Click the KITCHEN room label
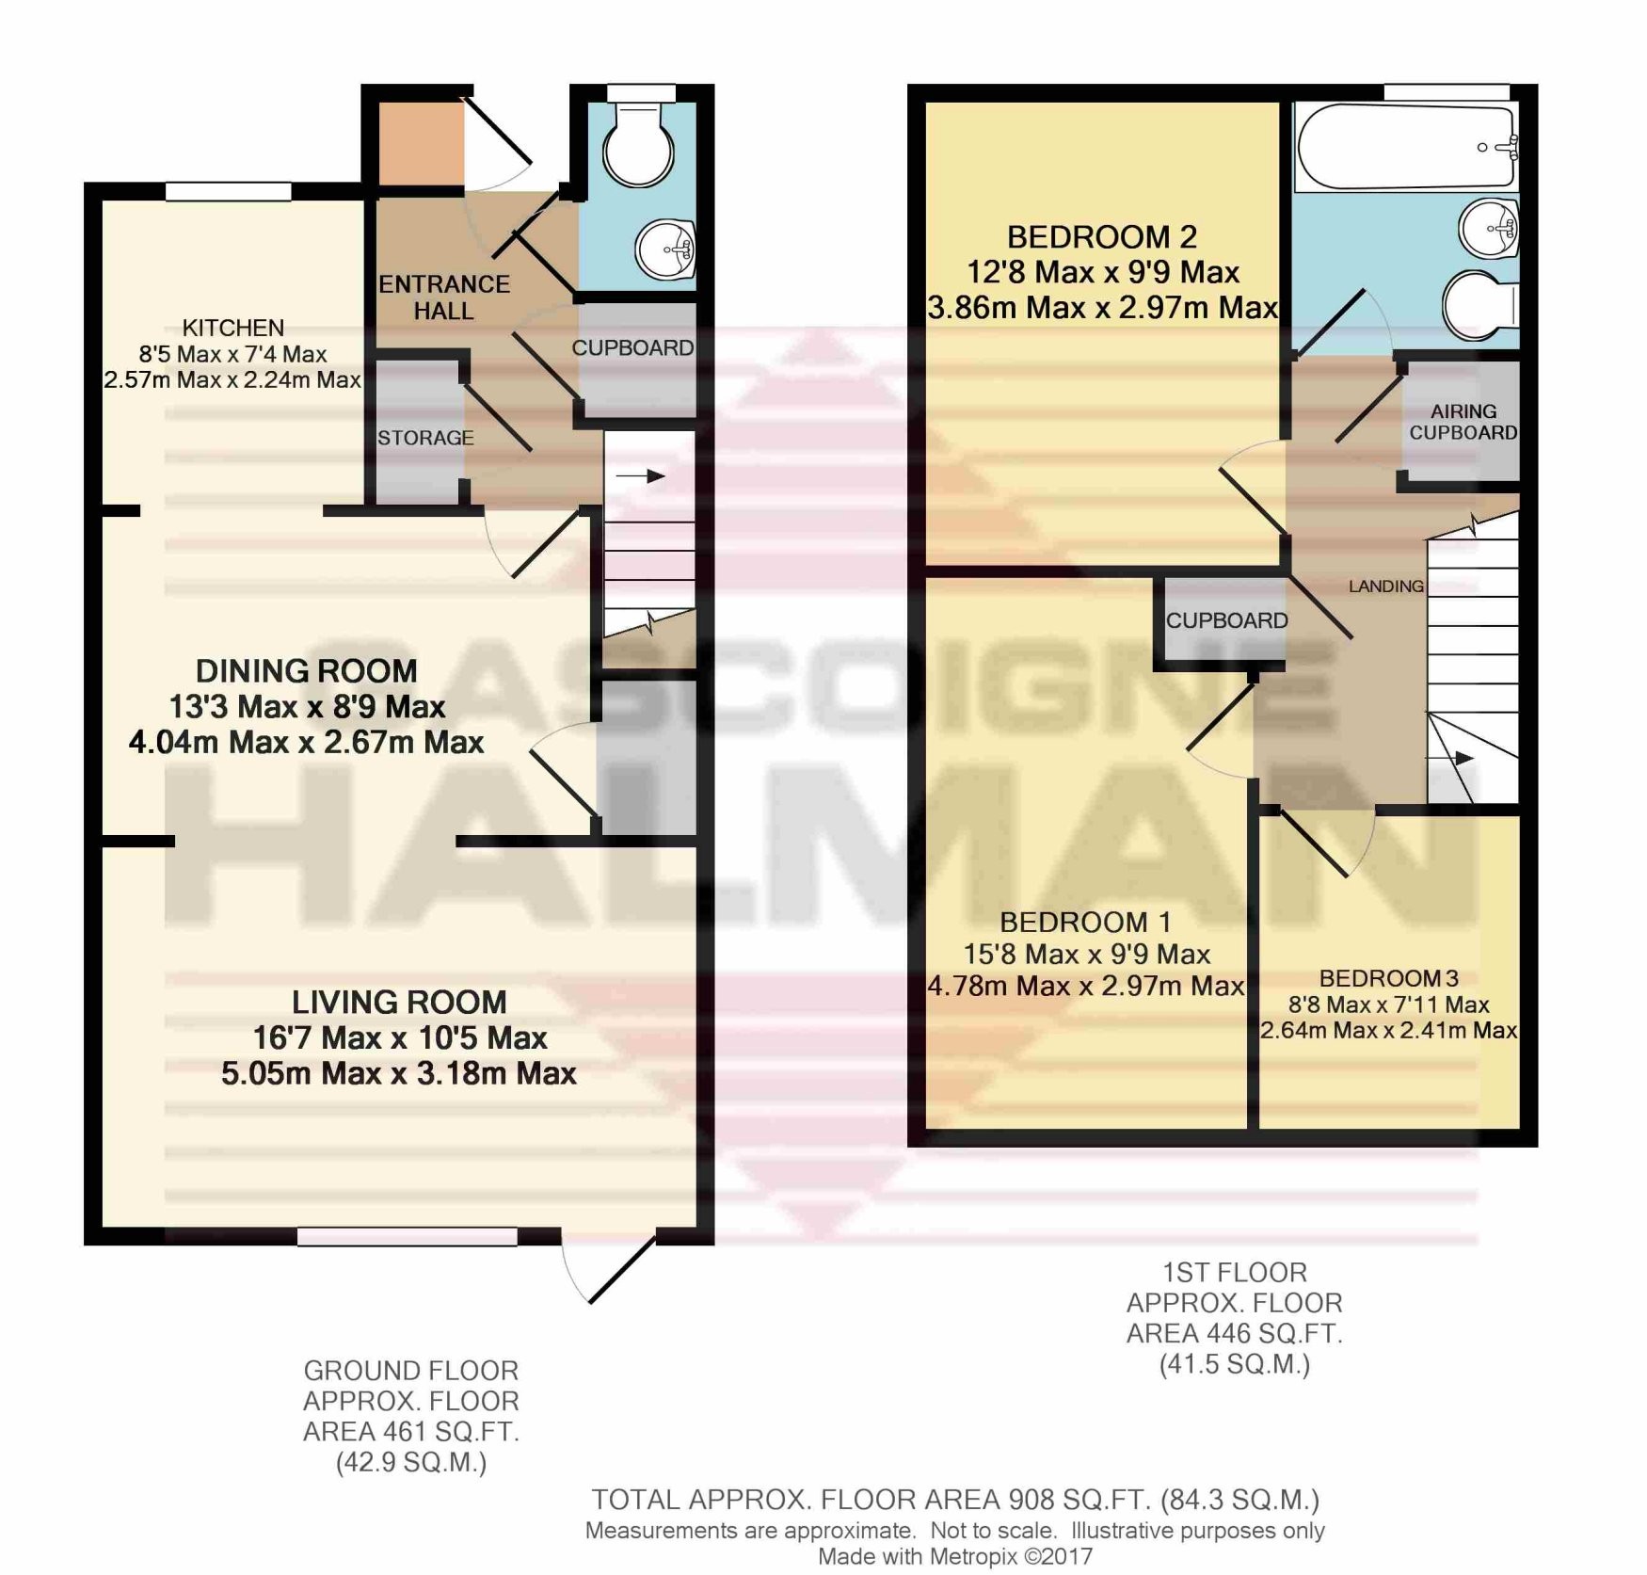pos(232,328)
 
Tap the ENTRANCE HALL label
pos(444,297)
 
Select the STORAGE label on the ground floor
pos(425,438)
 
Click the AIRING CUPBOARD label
pos(1463,422)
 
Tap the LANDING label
pos(1385,587)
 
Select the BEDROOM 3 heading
pos(1388,978)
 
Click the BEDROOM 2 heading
pos(1102,236)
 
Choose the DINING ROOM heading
pos(306,671)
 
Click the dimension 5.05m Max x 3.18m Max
pos(399,1073)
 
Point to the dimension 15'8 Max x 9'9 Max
pos(1087,955)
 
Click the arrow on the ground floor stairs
pos(641,476)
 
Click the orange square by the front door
pos(421,144)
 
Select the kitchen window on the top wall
pos(229,191)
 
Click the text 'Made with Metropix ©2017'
pos(954,1556)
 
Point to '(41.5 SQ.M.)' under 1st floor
pos(1235,1364)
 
